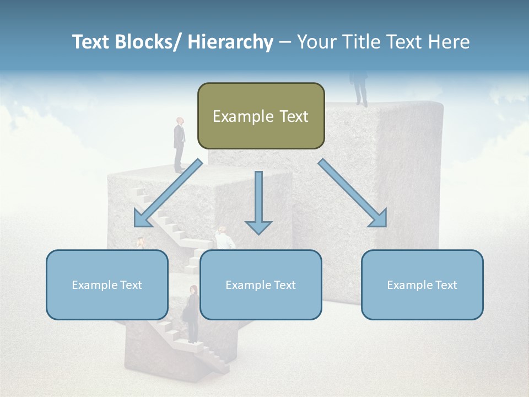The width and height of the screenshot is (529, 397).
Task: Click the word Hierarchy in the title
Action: pos(230,42)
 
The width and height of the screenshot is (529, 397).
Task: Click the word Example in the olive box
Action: pos(243,117)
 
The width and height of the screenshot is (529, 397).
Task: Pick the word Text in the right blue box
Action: pos(446,285)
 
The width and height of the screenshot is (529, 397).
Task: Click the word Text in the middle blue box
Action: pos(284,285)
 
